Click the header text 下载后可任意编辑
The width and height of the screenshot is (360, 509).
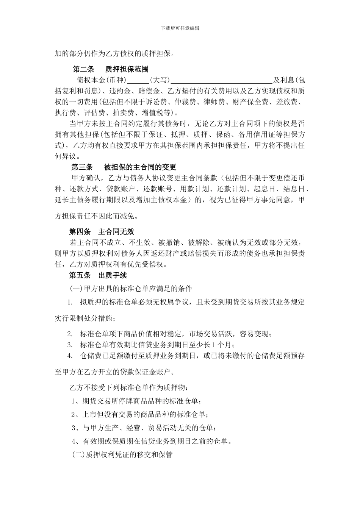click(x=180, y=28)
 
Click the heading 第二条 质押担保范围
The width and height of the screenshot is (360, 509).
click(x=110, y=69)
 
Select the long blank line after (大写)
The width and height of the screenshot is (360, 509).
click(x=222, y=80)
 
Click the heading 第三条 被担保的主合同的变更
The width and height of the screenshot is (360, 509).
click(x=124, y=167)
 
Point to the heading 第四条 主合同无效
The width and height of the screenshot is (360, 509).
click(x=102, y=231)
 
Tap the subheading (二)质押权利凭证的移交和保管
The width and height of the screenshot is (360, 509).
click(x=122, y=455)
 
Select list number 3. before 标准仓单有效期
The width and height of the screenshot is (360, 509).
click(x=70, y=345)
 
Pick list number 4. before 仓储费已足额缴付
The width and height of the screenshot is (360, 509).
click(x=70, y=356)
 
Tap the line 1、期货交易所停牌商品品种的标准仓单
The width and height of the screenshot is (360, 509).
click(x=136, y=401)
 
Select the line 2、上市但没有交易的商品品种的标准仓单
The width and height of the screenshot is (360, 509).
click(x=140, y=415)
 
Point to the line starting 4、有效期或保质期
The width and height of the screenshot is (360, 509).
click(x=152, y=441)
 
